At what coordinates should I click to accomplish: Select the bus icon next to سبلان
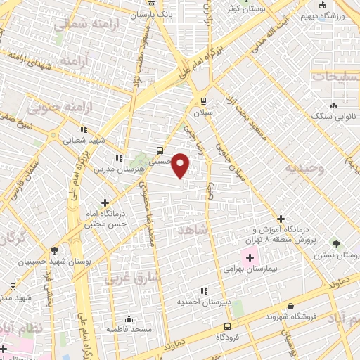tap(204, 101)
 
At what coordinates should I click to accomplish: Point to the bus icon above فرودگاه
tap(227, 326)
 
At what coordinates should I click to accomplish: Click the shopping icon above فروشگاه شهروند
tap(291, 306)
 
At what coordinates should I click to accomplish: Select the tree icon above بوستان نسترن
tap(336, 245)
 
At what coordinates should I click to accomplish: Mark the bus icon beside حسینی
tap(160, 150)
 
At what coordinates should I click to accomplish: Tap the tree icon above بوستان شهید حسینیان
tap(54, 250)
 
